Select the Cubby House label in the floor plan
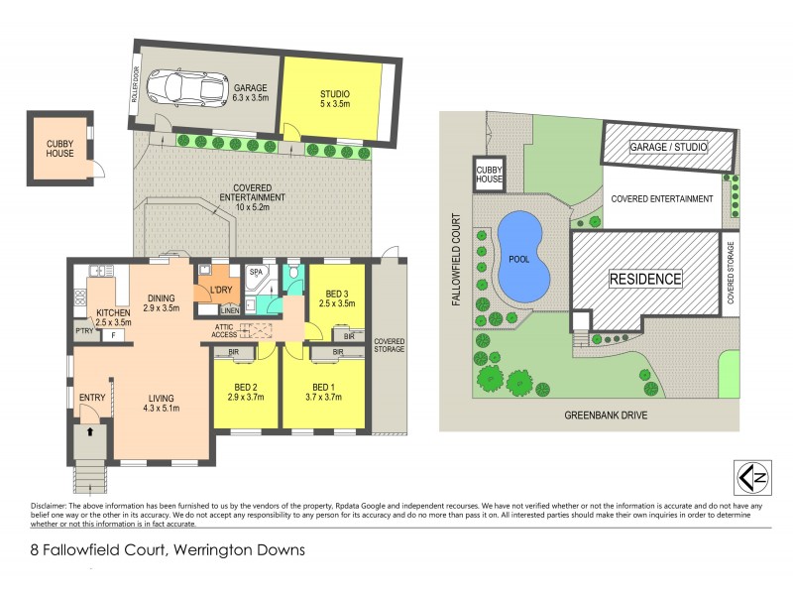(x=59, y=148)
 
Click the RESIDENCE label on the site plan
(x=645, y=279)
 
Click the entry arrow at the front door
(x=91, y=432)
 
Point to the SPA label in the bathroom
(x=255, y=271)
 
